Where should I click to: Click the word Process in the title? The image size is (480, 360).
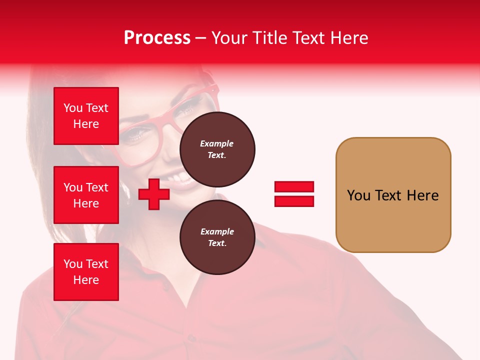tap(157, 38)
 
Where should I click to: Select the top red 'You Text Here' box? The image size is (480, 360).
tap(86, 116)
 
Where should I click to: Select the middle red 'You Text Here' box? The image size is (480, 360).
tap(86, 195)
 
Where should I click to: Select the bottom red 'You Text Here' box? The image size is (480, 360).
tap(86, 271)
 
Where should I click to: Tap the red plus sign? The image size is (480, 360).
tap(153, 194)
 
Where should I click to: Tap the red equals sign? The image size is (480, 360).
tap(294, 194)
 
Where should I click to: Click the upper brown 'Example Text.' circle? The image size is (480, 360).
tap(217, 149)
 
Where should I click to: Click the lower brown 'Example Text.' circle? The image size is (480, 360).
tap(217, 237)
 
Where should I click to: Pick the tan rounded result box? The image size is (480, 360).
tap(393, 194)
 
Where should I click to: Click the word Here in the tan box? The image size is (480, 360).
tap(422, 195)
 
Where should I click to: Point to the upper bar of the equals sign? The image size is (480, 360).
tap(294, 187)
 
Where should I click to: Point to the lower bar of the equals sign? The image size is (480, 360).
tap(294, 201)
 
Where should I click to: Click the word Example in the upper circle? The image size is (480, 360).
tap(217, 143)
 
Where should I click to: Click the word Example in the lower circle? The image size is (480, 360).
tap(217, 231)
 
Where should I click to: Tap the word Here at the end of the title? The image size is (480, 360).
tap(349, 38)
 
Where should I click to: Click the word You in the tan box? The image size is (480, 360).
tap(358, 195)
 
